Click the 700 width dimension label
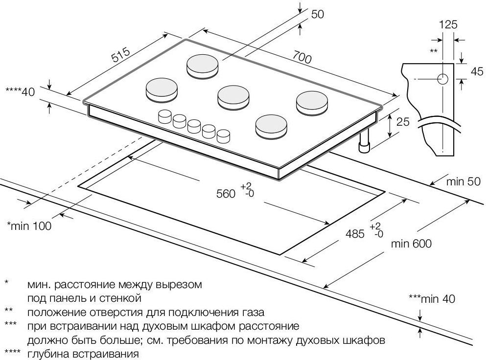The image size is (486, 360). (302, 57)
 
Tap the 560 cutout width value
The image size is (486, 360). (226, 193)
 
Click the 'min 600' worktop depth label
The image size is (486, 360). (411, 243)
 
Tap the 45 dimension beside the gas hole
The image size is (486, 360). (477, 71)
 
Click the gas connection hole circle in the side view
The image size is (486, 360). (442, 79)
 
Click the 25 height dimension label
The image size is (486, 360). (402, 121)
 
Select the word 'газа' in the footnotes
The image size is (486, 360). (252, 312)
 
